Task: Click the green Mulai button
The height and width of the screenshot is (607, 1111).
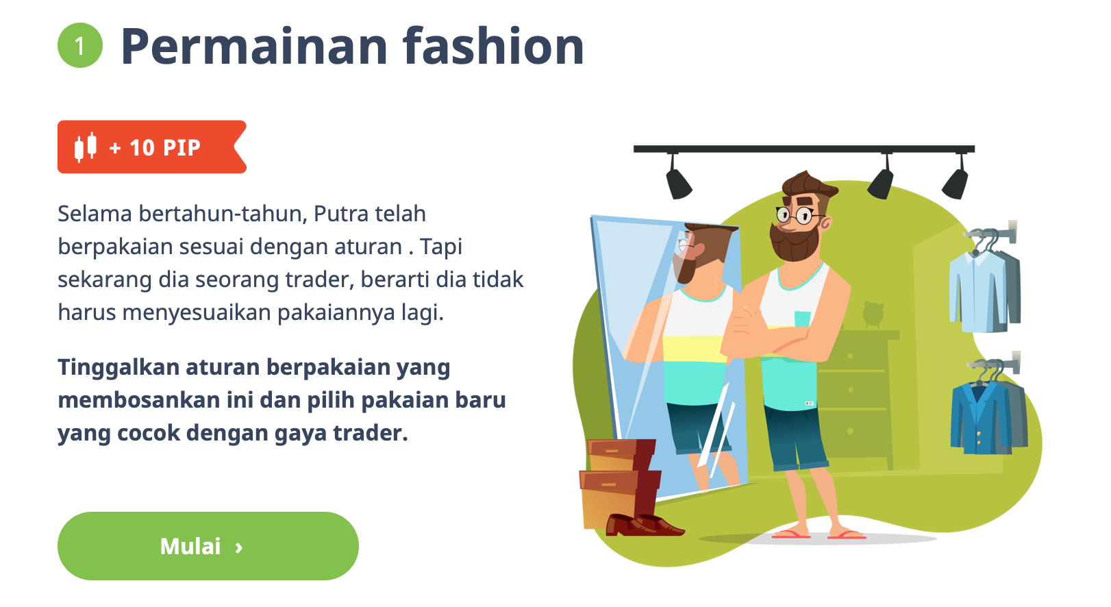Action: (208, 546)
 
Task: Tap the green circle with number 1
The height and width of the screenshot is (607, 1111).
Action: (80, 45)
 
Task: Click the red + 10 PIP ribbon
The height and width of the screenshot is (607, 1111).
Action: (152, 147)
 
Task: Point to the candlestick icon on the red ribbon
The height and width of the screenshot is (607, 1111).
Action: (86, 147)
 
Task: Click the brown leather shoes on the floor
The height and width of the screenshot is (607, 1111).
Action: (644, 525)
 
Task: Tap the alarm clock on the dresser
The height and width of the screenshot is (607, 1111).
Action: (873, 314)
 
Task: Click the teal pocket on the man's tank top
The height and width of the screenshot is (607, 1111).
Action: (803, 319)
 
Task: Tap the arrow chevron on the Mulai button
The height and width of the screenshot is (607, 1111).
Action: (239, 547)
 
